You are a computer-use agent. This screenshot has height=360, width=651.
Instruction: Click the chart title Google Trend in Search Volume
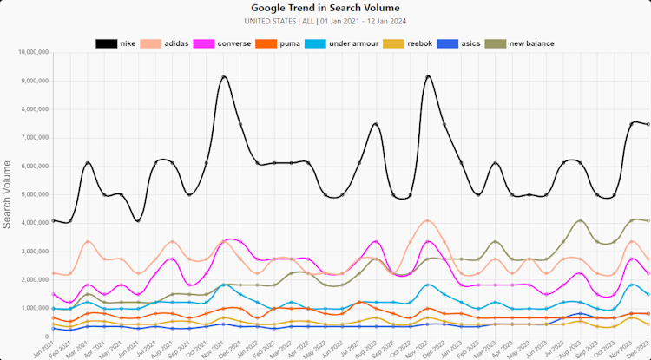(325, 8)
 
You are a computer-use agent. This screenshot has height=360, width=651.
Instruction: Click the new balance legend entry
(520, 43)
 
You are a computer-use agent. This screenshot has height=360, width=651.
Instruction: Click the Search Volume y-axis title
(8, 194)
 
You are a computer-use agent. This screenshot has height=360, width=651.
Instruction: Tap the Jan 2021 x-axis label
(40, 350)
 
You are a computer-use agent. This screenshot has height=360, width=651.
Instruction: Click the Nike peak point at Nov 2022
(429, 76)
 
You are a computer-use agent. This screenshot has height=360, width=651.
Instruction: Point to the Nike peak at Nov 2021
(224, 77)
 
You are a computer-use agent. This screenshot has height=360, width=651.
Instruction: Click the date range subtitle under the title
(325, 21)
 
